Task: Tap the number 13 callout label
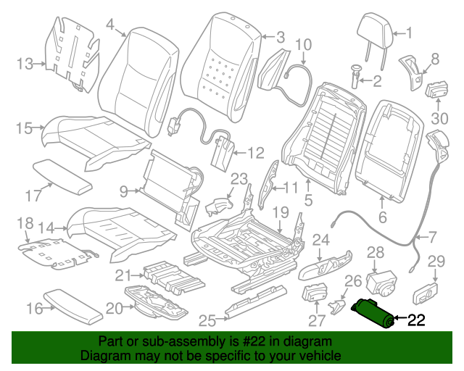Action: (25, 64)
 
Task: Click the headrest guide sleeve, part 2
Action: (357, 75)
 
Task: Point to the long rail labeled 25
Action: (254, 306)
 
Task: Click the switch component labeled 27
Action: (314, 296)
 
